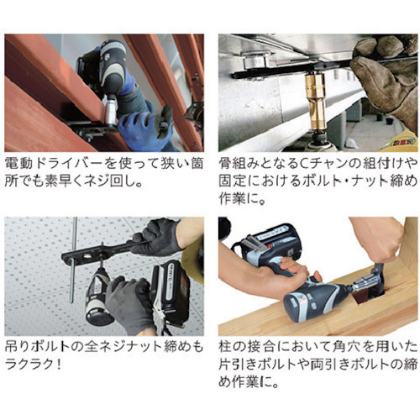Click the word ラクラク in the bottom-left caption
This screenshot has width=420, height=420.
point(29,365)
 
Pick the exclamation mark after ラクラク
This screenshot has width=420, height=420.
point(58,365)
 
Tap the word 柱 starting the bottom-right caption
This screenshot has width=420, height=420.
point(225,347)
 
